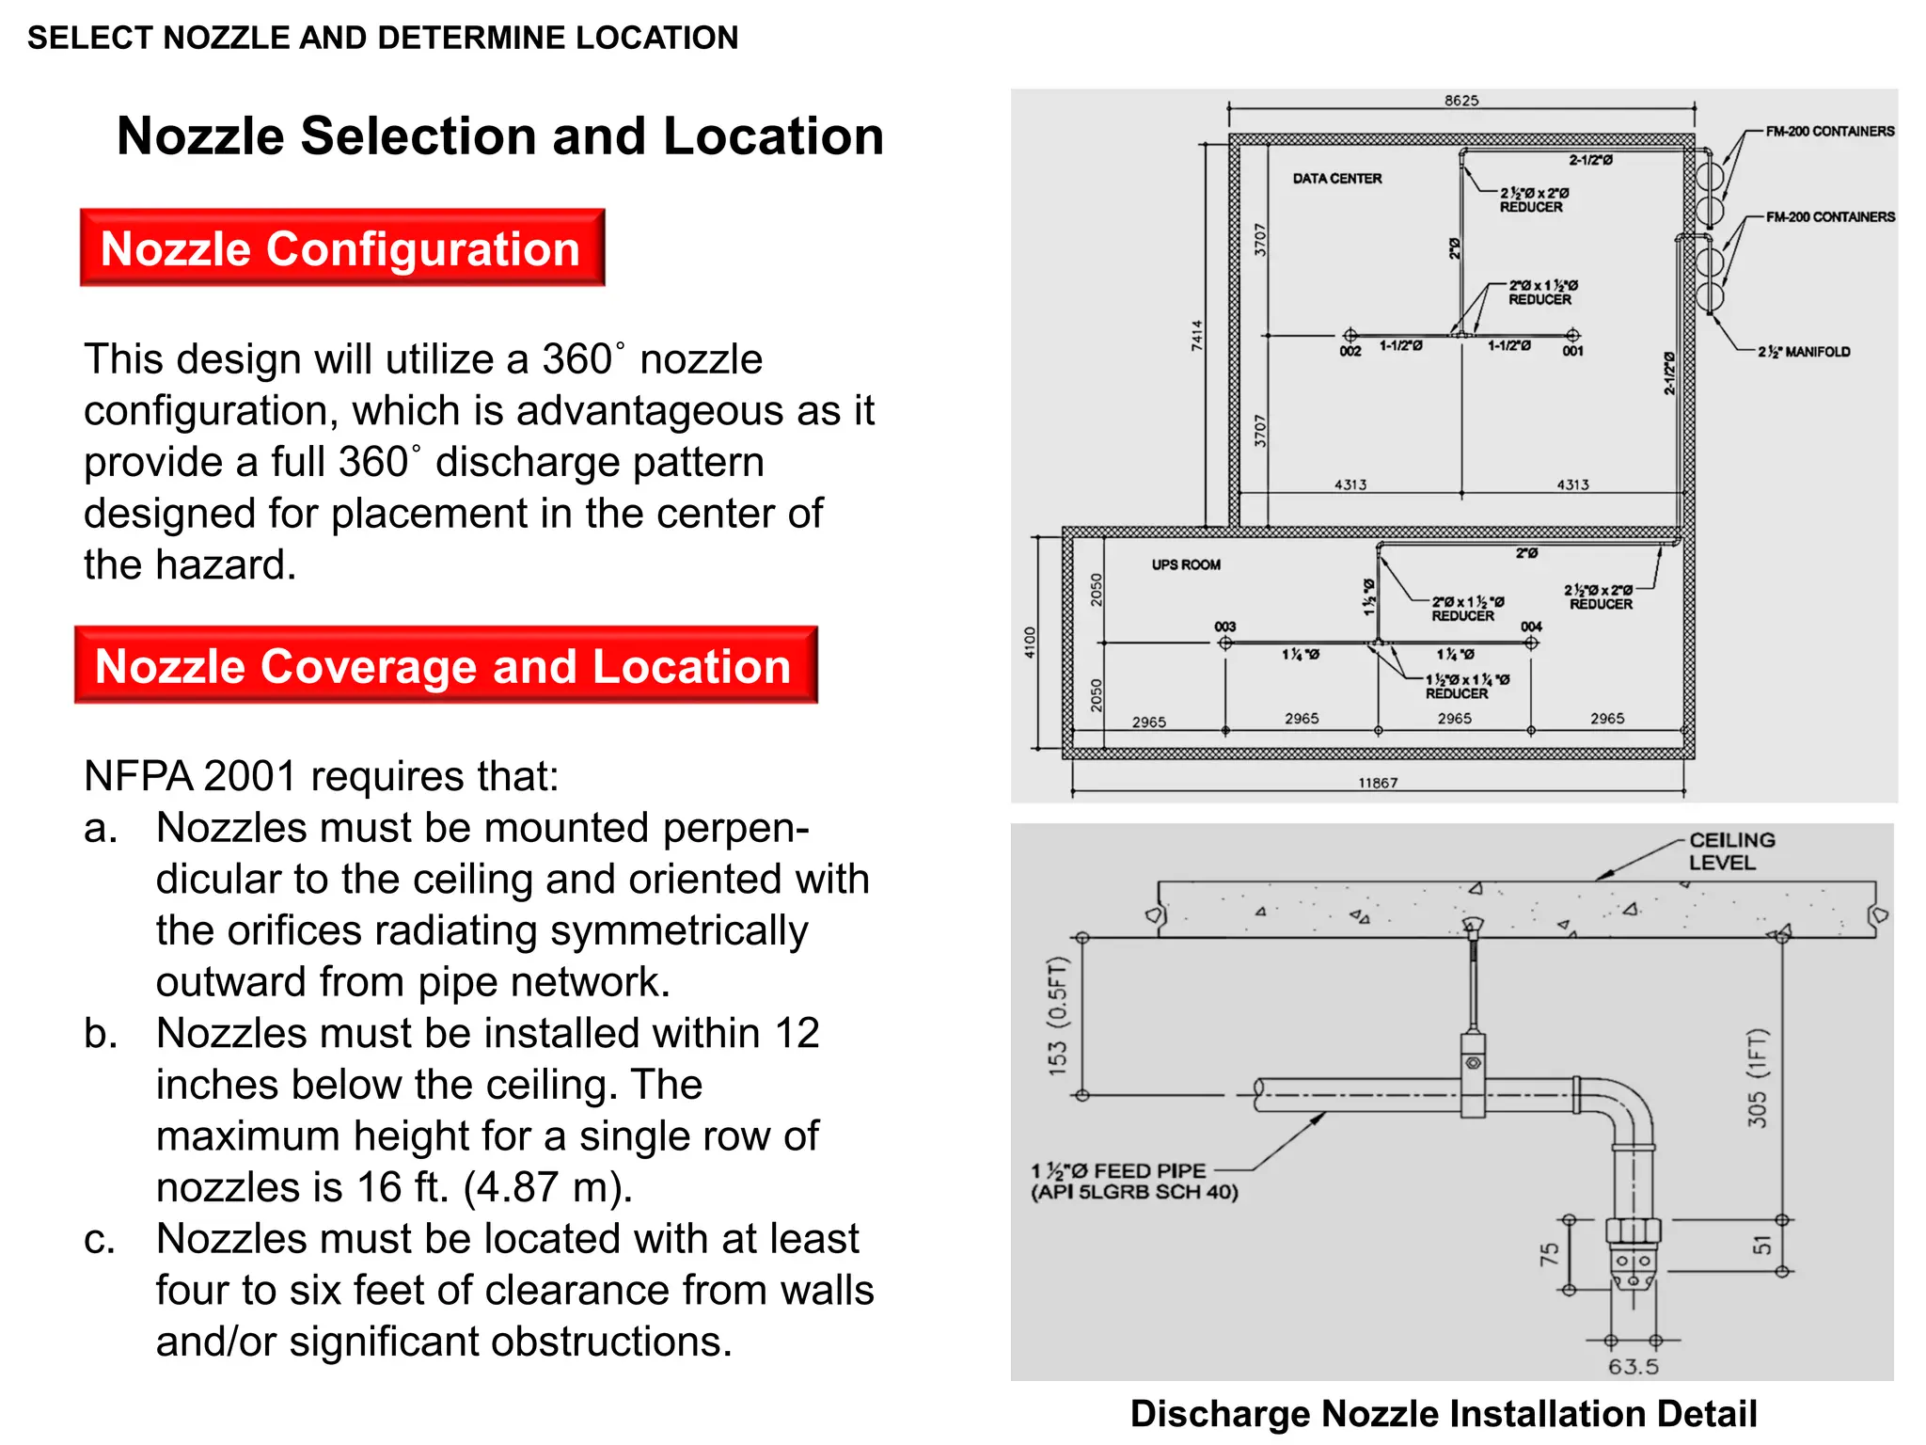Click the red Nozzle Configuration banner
click(341, 248)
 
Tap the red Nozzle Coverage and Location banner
click(445, 665)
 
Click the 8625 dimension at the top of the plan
click(1460, 101)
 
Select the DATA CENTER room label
click(1336, 178)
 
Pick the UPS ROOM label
click(1185, 564)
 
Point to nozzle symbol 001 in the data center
click(1572, 335)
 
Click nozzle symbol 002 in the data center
click(1350, 335)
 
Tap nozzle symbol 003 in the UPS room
click(1224, 643)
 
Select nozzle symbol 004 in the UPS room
click(1531, 643)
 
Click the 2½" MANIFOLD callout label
click(1803, 352)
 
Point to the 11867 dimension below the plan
click(1377, 783)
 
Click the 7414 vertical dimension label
click(1196, 336)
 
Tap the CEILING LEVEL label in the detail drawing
click(1730, 850)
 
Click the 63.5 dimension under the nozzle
click(1633, 1366)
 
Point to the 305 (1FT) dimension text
click(1757, 1077)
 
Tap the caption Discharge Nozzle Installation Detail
click(1443, 1413)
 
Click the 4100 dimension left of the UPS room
click(1030, 643)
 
